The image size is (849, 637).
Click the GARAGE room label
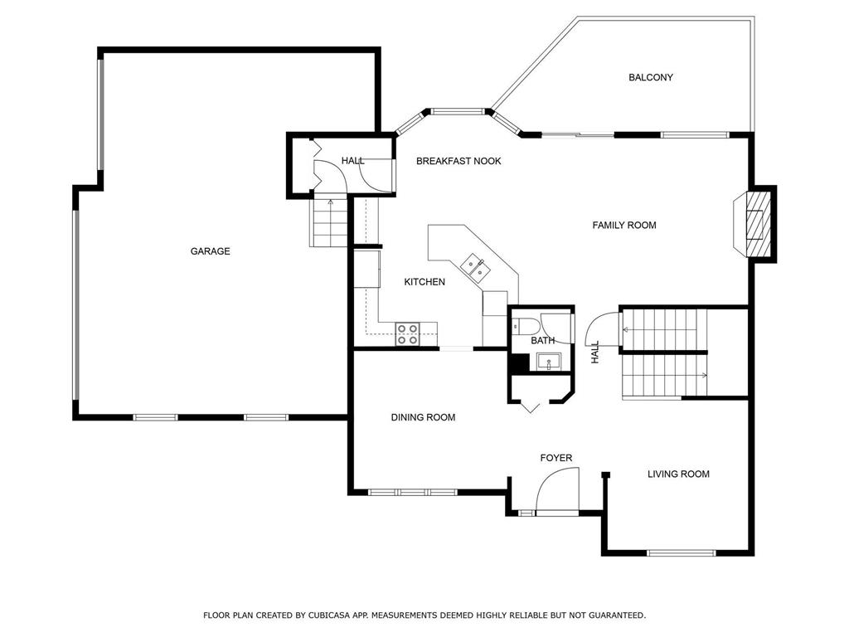click(x=210, y=251)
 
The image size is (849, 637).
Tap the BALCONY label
click(x=651, y=77)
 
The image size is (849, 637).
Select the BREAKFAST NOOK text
click(x=458, y=161)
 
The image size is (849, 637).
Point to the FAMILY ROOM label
click(x=624, y=226)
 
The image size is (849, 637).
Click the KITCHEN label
click(x=424, y=282)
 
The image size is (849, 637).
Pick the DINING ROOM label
click(x=423, y=417)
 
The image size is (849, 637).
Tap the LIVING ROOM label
click(x=678, y=474)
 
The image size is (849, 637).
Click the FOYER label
click(x=556, y=458)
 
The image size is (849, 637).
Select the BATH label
click(x=542, y=341)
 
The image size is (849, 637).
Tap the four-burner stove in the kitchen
click(x=407, y=333)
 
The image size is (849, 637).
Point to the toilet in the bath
click(x=525, y=325)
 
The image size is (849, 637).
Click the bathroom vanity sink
click(x=549, y=362)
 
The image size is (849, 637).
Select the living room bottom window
click(x=682, y=553)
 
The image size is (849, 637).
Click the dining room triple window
click(x=413, y=493)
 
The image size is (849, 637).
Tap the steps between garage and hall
click(x=329, y=223)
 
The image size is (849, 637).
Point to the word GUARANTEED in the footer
click(x=617, y=615)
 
